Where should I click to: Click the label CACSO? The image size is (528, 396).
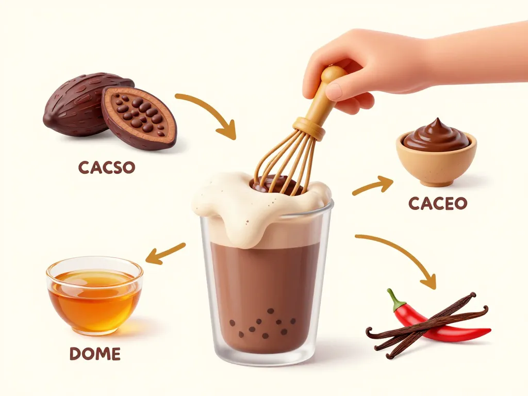(106, 168)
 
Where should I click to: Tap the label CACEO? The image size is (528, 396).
(437, 203)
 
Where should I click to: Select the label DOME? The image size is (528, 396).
(95, 354)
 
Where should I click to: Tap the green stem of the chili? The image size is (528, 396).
(395, 300)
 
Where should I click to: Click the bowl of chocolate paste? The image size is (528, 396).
(436, 155)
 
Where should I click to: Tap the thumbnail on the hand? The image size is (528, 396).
(334, 92)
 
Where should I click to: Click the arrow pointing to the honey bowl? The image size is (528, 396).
(164, 253)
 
